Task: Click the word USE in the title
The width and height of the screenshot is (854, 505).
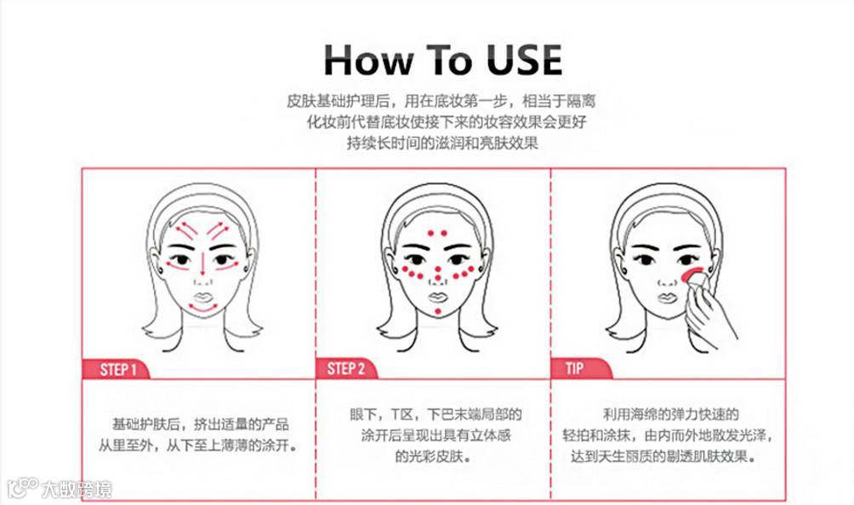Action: (524, 60)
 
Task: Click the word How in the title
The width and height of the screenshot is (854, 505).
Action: (367, 60)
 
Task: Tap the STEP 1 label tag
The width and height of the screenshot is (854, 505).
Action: (116, 370)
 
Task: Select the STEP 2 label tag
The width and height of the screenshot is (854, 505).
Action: (346, 368)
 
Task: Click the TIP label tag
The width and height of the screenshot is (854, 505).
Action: (581, 368)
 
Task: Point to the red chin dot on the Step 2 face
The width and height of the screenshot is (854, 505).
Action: (438, 311)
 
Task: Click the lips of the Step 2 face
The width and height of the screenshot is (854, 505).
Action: (437, 297)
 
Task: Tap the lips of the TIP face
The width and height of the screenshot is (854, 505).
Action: (667, 298)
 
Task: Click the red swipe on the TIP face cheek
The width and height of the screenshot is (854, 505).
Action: (691, 272)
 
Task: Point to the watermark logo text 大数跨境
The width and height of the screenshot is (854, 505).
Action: (77, 489)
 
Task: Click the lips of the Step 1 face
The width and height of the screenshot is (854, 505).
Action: (202, 297)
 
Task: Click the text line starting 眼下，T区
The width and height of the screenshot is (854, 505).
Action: (436, 415)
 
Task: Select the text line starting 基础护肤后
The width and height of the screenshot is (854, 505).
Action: (201, 424)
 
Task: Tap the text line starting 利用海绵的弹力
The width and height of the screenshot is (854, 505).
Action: (670, 415)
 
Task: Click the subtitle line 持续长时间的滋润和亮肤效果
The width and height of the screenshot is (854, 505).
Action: (443, 143)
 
